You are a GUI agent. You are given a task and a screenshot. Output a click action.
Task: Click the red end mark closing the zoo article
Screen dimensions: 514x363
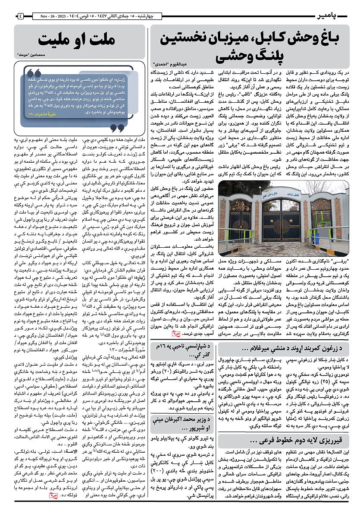(x=175, y=333)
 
